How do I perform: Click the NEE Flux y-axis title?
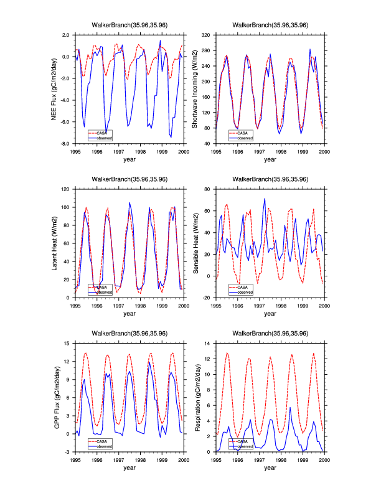click(x=55, y=89)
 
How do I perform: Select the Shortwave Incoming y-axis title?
click(x=195, y=89)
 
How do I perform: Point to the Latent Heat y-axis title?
click(x=55, y=243)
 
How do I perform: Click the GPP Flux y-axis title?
click(x=55, y=397)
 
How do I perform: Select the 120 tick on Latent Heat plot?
click(x=67, y=189)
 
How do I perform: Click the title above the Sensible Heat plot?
click(x=270, y=179)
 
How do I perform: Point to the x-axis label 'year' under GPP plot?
click(x=129, y=467)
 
